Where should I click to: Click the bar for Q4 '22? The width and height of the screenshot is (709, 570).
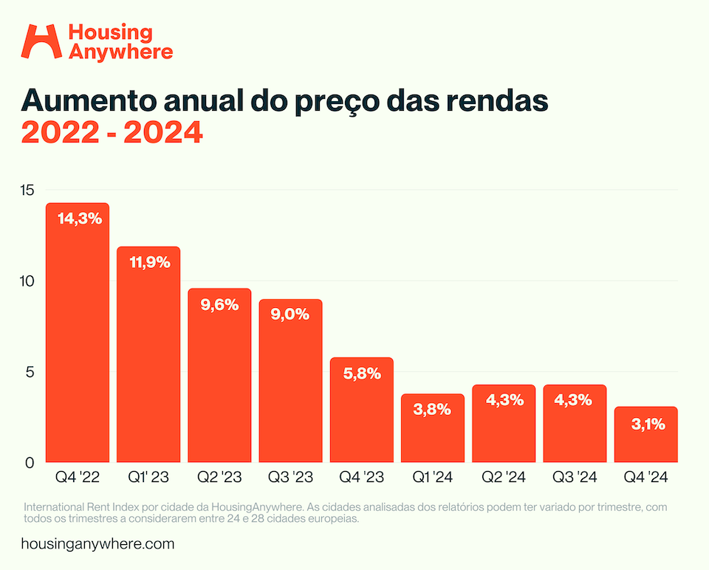coord(78,340)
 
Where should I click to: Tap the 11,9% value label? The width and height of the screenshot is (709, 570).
coord(150,262)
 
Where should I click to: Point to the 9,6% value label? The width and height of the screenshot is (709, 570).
coord(219,304)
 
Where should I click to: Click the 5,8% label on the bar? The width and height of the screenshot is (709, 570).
coord(362,374)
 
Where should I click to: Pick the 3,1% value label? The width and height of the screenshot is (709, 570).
coord(647,424)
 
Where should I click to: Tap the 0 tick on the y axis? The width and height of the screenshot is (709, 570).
coord(30,463)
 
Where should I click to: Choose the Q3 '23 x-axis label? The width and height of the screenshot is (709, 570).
coord(290,478)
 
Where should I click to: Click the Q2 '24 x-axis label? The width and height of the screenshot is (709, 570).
coord(504,478)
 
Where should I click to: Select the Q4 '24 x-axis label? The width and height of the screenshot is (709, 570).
coord(646,478)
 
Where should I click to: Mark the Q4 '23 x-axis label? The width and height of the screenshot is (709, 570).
coord(361,478)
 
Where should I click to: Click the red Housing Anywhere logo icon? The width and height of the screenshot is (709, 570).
coord(41,41)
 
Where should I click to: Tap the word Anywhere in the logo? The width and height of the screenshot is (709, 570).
coord(120,51)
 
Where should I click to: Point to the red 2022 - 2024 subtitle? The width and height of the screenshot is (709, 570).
coord(112,133)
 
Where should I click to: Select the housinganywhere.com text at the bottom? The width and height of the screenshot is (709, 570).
coord(98,544)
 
